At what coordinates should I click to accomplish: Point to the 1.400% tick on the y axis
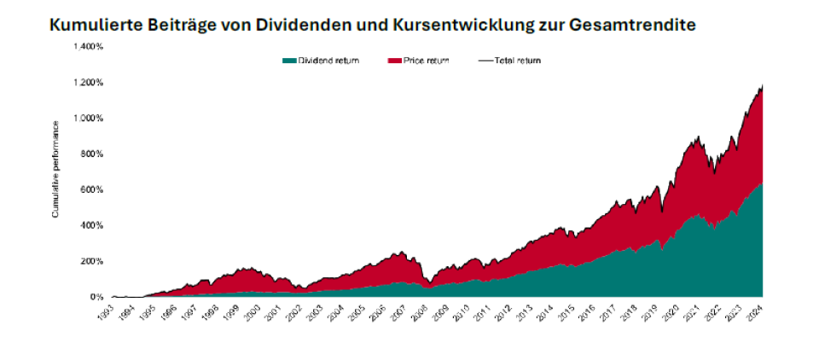87,47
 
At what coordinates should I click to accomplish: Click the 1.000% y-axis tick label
87,119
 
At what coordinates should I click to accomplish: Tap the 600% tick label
90,190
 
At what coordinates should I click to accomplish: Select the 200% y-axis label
90,261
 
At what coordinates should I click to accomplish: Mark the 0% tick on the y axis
95,297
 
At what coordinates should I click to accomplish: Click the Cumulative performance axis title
56,168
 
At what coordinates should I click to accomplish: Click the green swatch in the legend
289,61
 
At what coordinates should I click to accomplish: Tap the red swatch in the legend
395,61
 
